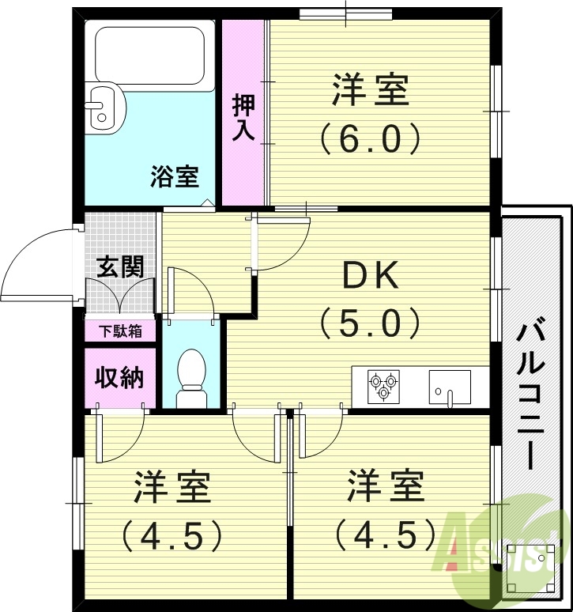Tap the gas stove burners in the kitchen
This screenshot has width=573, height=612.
click(x=383, y=386)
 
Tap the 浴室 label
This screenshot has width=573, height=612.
click(x=174, y=176)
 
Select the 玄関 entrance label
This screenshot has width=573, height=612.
click(x=119, y=266)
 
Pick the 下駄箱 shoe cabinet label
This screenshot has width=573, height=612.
click(x=120, y=331)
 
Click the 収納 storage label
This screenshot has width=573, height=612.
click(x=120, y=377)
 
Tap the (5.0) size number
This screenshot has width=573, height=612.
click(x=368, y=322)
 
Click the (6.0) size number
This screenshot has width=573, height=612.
click(x=370, y=139)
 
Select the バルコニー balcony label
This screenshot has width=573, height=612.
click(x=529, y=395)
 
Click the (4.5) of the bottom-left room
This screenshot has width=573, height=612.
click(x=172, y=537)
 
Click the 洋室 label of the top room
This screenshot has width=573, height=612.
click(x=370, y=90)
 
